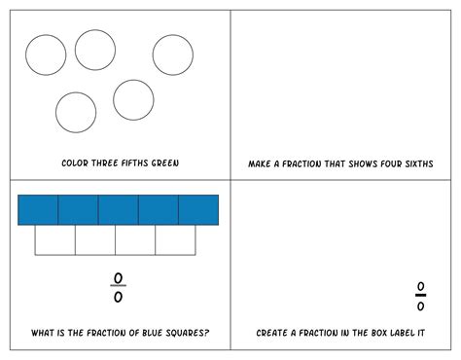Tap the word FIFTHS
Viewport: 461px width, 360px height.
coord(129,162)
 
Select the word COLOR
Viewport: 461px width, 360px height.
coord(75,162)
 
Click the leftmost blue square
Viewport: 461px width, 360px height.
coord(38,209)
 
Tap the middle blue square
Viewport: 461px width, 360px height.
coord(118,209)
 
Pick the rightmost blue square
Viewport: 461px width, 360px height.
coord(198,209)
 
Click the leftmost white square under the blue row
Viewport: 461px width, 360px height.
coord(55,239)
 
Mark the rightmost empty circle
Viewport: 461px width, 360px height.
coord(172,55)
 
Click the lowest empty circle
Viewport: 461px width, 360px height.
coord(75,112)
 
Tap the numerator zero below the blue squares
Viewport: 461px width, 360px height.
coord(118,278)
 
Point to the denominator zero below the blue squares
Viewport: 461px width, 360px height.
coord(118,297)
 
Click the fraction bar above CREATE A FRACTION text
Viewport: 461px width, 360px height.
coord(420,296)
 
